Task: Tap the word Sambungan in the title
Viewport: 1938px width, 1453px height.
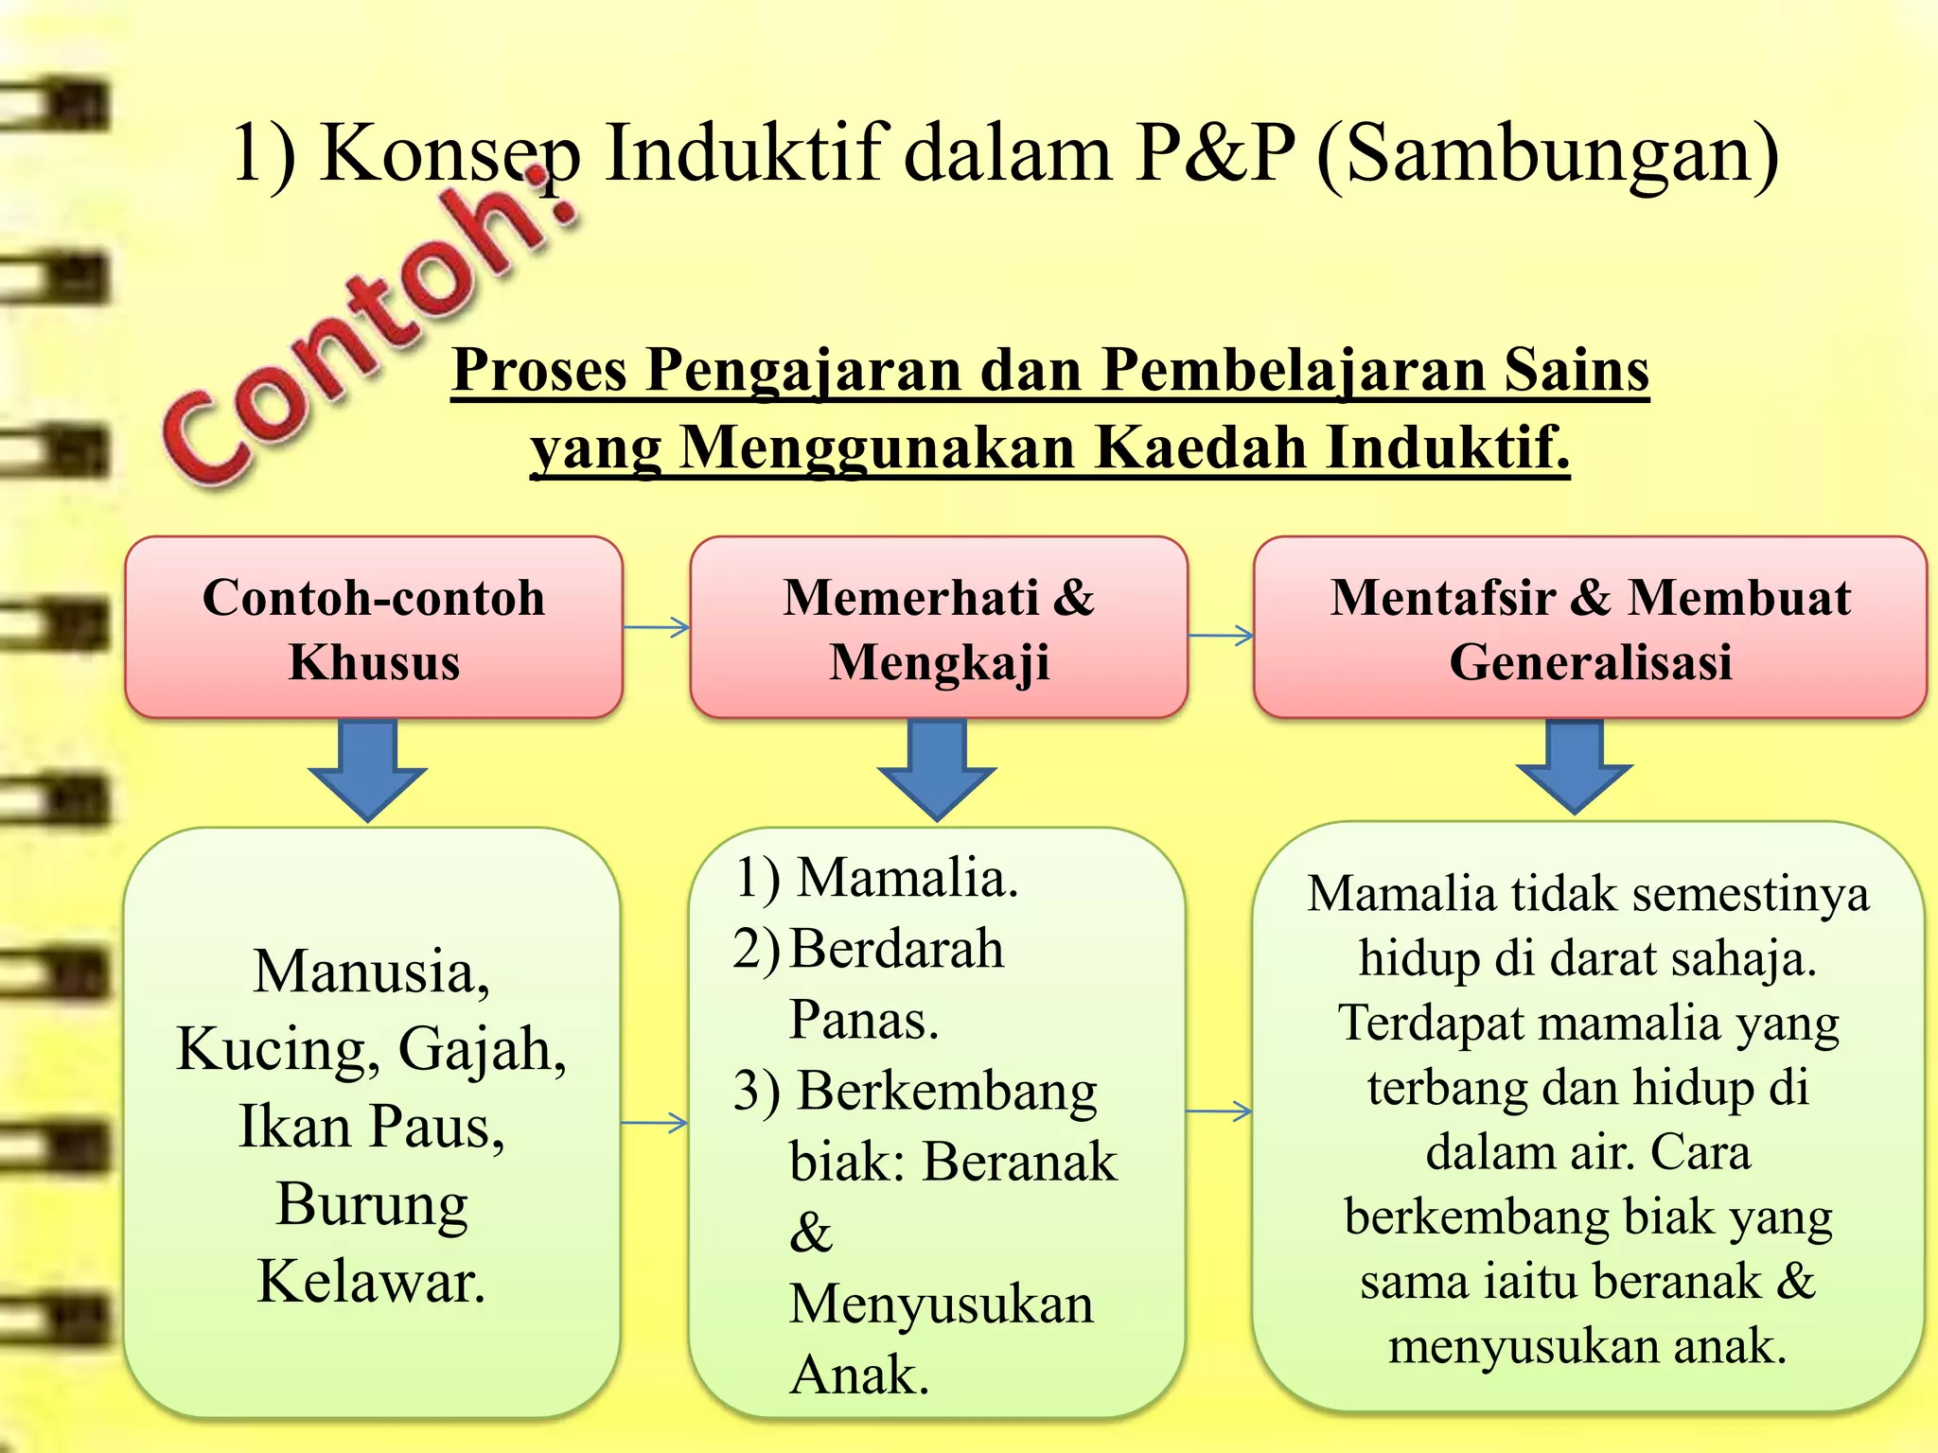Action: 1561,153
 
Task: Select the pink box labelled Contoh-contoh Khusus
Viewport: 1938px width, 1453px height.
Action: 374,628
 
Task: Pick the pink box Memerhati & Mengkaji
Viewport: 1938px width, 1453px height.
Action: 939,628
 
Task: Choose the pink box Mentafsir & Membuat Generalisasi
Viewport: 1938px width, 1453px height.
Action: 1590,628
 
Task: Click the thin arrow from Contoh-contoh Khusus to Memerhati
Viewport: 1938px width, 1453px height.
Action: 657,627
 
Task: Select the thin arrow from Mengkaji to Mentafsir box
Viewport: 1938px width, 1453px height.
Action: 1221,636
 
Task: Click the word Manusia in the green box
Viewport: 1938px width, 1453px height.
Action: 371,972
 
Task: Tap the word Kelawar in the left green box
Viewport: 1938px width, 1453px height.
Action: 371,1283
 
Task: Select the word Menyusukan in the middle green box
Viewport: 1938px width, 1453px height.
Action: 941,1304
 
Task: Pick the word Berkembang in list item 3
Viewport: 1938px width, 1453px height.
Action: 946,1092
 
